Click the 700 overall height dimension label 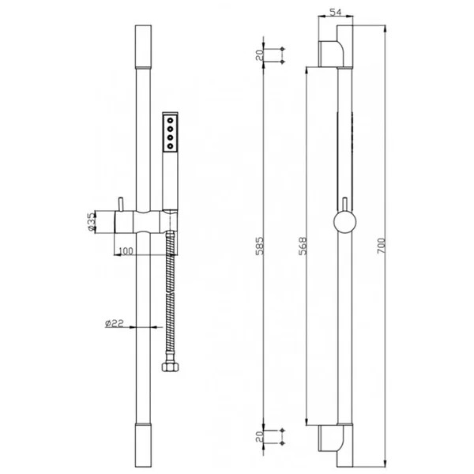(382, 246)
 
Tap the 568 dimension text (303, 246)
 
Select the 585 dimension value (260, 246)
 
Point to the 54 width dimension (335, 12)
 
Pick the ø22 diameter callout (115, 323)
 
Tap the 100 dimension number (126, 251)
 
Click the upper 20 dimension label (260, 55)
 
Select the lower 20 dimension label (260, 437)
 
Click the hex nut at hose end (170, 367)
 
